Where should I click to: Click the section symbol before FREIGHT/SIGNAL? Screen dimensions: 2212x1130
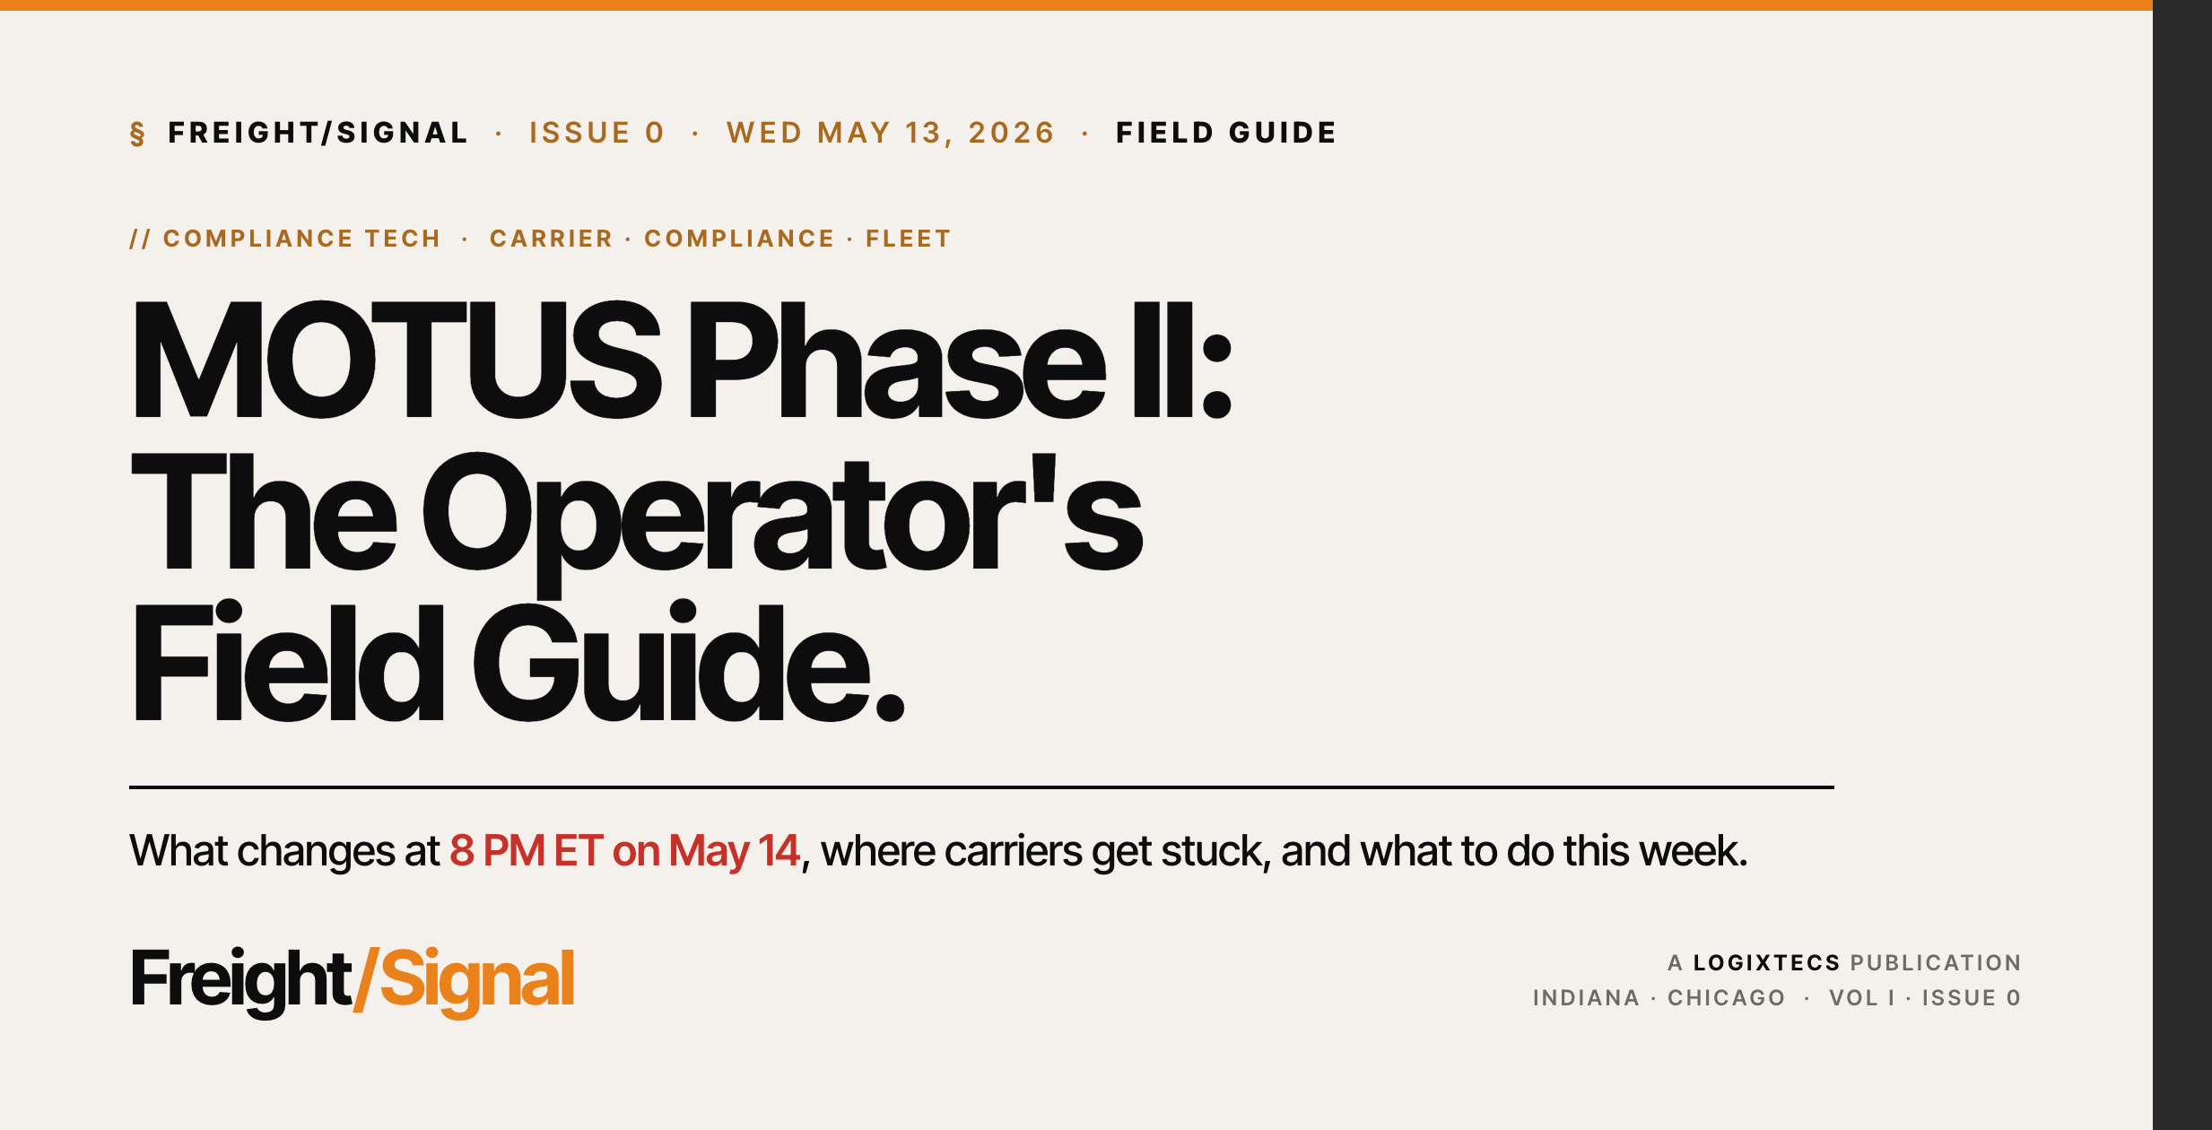click(x=137, y=134)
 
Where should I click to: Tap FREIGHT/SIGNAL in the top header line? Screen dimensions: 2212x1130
click(x=318, y=133)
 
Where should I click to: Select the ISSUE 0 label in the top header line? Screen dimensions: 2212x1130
click(x=597, y=133)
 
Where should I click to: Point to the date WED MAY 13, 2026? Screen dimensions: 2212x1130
click(x=891, y=133)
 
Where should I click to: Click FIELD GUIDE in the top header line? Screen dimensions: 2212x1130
click(x=1226, y=133)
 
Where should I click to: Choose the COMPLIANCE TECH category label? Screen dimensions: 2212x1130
click(x=301, y=239)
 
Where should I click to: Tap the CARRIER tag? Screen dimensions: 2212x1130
click(x=551, y=239)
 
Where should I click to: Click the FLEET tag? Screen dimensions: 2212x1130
click(x=908, y=239)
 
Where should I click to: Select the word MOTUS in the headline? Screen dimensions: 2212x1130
click(x=396, y=360)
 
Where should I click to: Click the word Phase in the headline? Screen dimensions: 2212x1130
click(x=896, y=360)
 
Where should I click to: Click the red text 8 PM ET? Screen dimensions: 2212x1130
click(x=526, y=850)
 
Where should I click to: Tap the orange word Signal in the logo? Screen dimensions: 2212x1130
click(x=476, y=979)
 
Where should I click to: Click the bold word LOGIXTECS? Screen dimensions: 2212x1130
click(x=1766, y=963)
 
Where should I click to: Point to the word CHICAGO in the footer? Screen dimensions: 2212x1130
click(x=1726, y=998)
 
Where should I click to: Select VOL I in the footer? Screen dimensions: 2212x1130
click(x=1861, y=998)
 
